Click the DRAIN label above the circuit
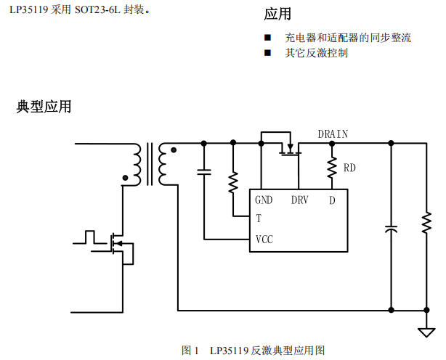333,134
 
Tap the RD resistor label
349,168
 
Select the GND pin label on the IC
263,200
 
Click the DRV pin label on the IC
299,200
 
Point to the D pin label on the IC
332,200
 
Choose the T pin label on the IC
258,218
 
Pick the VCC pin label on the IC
264,239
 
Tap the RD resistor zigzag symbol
333,168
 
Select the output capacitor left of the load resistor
392,228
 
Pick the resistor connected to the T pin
233,182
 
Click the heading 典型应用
44,107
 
